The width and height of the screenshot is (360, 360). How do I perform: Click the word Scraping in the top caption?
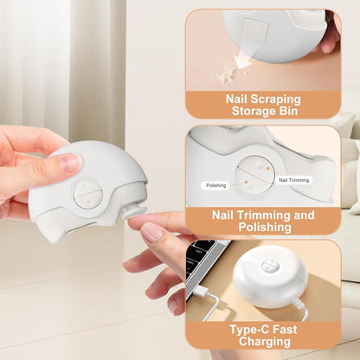coord(275,100)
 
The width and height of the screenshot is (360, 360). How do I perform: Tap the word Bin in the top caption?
coord(288,112)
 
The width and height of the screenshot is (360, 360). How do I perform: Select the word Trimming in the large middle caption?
coord(264,215)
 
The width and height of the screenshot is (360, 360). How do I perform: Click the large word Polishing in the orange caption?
coord(265,228)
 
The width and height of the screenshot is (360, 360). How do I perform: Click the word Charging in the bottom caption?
coord(265,342)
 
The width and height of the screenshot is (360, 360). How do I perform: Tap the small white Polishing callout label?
coord(215,185)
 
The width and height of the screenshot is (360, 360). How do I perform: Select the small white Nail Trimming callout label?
coord(293,180)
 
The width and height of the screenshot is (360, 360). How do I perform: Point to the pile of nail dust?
coord(228,75)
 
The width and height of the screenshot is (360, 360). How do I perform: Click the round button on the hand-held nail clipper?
coord(88,195)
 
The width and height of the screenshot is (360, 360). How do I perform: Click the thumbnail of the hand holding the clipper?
coord(71,163)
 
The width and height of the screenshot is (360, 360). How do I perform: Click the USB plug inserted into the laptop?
coord(200,292)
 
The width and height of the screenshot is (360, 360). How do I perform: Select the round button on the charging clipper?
coord(271,266)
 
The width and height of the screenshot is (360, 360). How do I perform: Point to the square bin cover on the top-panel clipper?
coord(255,29)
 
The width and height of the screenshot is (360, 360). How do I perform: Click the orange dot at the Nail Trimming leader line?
coord(267,168)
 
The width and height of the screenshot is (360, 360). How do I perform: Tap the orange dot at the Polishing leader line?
coord(246,182)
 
